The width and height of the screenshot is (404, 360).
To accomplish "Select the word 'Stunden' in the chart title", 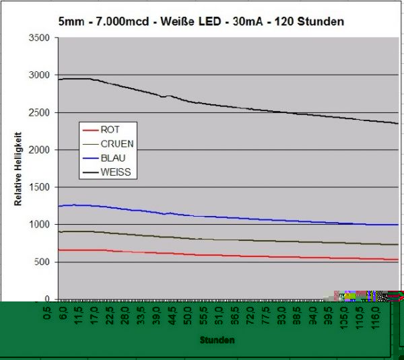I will [x=321, y=22].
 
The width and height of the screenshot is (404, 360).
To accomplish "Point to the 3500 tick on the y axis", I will [x=40, y=38].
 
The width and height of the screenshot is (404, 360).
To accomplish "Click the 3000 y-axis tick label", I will [x=40, y=75].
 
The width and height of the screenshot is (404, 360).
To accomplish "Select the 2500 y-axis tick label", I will [x=40, y=113].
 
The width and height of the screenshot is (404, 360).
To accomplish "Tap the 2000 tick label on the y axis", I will [x=40, y=150].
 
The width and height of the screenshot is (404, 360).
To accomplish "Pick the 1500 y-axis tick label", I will [x=40, y=188].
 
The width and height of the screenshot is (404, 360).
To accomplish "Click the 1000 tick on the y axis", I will [x=40, y=225].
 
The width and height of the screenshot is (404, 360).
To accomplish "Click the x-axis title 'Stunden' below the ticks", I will [x=217, y=340].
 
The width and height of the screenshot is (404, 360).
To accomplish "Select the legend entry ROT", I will [x=110, y=129].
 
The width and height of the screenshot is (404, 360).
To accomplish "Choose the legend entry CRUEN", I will [x=116, y=143].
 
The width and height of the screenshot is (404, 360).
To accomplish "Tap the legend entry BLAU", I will [x=112, y=158].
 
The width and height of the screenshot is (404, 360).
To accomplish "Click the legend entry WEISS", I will [x=114, y=173].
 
